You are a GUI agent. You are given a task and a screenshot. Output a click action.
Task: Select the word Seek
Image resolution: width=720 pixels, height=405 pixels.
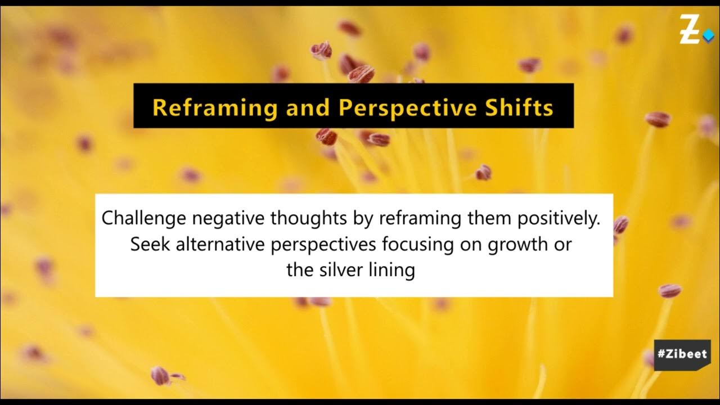146,245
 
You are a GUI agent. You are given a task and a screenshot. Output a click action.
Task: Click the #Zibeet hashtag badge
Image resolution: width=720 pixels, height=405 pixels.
682,355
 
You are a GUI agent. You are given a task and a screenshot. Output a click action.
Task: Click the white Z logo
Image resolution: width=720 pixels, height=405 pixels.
689,30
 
